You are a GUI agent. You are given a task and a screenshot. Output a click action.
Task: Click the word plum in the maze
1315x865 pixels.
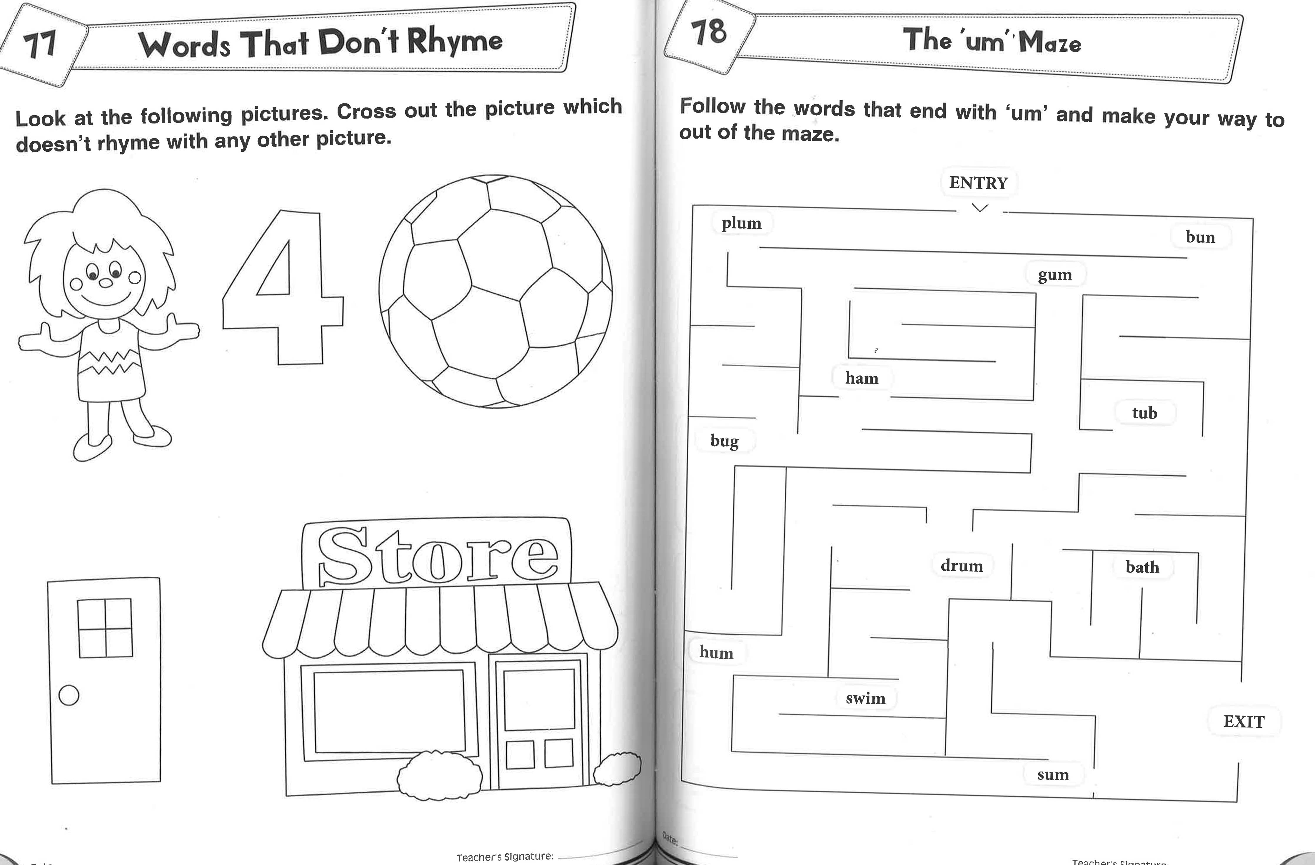tap(742, 223)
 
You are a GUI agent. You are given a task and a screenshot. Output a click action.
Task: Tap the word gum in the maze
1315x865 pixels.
tap(1055, 275)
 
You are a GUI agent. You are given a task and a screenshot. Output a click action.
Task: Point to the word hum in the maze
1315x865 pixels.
tap(716, 652)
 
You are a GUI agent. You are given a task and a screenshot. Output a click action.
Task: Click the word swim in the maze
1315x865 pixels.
tap(865, 698)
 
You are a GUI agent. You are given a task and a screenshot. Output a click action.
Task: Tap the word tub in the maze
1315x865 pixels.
tap(1144, 413)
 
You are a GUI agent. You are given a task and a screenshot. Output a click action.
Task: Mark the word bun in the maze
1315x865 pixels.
tap(1200, 237)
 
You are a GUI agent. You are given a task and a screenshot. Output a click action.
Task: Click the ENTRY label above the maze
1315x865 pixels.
tap(979, 183)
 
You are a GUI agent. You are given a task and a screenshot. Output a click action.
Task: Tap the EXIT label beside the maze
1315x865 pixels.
tap(1244, 721)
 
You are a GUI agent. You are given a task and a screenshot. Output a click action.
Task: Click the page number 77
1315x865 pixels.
tap(40, 44)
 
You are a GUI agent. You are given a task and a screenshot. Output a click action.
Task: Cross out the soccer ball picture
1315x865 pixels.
tap(495, 292)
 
